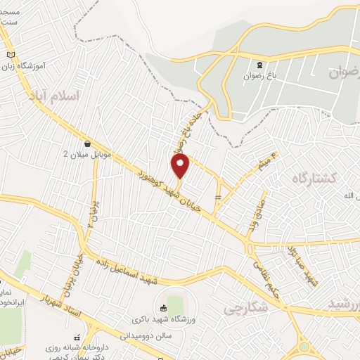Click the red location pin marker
[181, 166]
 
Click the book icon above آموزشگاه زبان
[10, 55]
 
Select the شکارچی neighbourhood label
[246, 308]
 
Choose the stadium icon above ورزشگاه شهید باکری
[163, 307]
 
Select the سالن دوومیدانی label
[160, 336]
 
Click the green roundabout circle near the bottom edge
[304, 347]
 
